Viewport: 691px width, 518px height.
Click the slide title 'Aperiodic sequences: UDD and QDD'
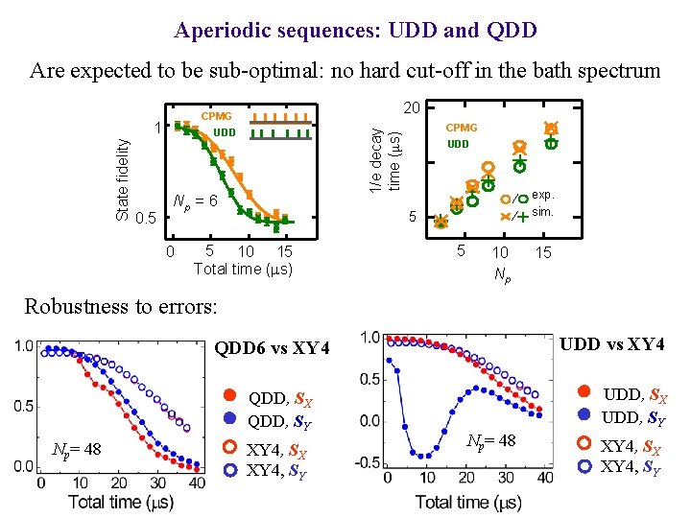tap(355, 30)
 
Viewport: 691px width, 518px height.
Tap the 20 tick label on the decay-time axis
tap(412, 108)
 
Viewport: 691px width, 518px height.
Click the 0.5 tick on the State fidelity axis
tap(146, 219)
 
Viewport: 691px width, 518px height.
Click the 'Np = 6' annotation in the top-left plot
tap(194, 202)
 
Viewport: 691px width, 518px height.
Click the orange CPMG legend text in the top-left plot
tap(216, 116)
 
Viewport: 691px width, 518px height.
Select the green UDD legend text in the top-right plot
tap(458, 144)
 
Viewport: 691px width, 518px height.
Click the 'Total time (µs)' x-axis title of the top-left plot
tap(243, 269)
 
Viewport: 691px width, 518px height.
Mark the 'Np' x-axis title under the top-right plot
tap(501, 276)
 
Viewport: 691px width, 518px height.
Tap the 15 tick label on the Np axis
tap(543, 252)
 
